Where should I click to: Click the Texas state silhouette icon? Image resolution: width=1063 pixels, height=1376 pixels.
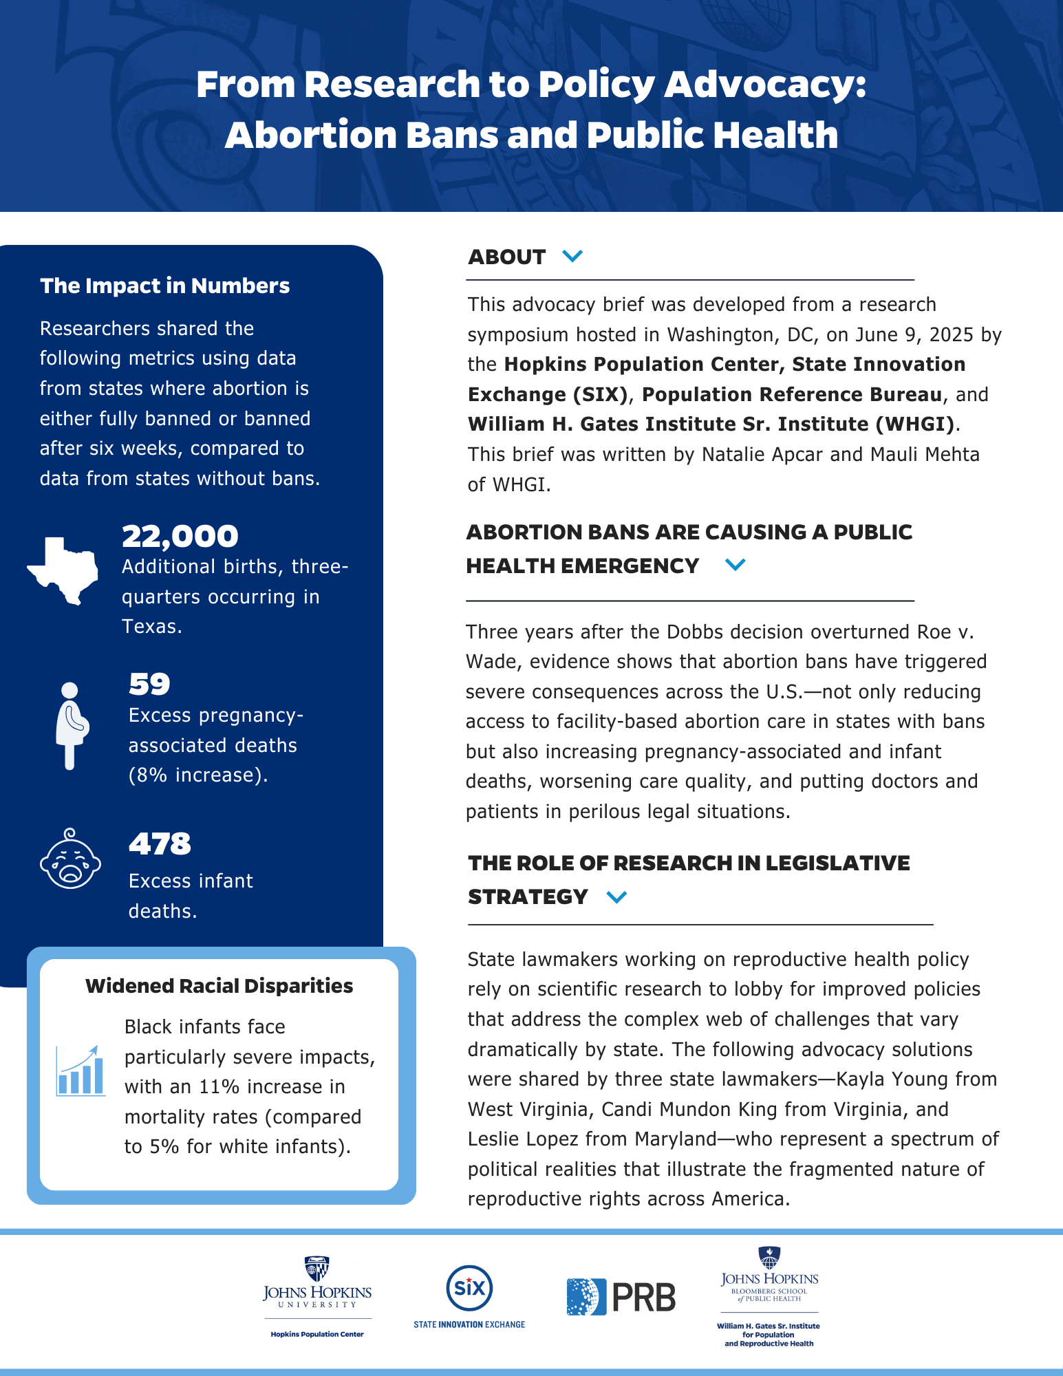point(62,570)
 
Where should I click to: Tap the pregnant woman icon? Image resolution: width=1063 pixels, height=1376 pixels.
point(71,725)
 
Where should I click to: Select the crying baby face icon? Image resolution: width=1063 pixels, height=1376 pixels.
point(70,859)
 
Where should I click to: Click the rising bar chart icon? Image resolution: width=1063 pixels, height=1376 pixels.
point(81,1071)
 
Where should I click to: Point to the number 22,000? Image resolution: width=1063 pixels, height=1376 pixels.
point(180,537)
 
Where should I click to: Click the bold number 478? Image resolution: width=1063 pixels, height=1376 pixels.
point(160,844)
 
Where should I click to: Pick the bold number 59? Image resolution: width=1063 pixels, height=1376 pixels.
point(149,684)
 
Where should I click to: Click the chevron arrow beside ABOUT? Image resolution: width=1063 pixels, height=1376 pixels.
point(572,257)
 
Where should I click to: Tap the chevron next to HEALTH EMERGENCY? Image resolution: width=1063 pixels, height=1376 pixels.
point(735,566)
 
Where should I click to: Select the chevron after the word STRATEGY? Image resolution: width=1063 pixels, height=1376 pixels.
point(616,897)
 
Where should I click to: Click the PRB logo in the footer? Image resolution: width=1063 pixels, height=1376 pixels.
point(621,1297)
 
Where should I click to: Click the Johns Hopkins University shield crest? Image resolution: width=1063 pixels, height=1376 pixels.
point(316,1269)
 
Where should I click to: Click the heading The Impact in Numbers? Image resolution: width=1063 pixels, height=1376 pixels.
point(165,286)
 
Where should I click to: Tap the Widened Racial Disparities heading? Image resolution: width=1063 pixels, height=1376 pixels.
point(219,986)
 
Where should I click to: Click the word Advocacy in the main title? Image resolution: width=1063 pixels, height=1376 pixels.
point(764,85)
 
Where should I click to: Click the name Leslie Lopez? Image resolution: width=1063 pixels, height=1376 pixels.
point(522,1139)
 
